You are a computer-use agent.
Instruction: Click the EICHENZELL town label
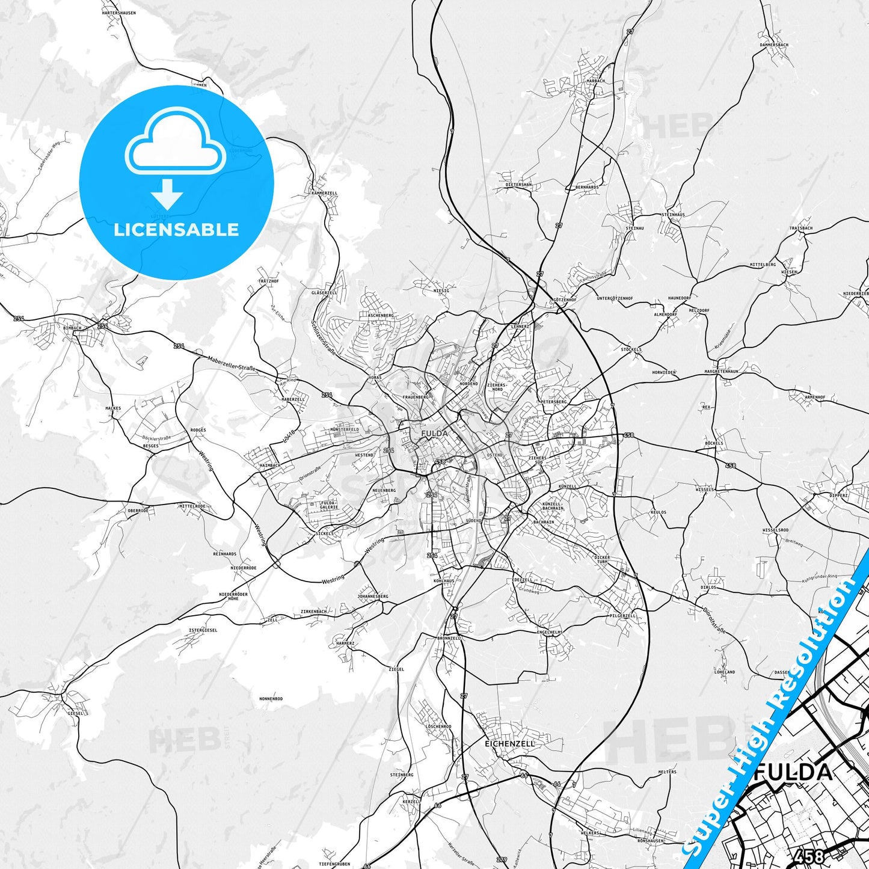[509, 744]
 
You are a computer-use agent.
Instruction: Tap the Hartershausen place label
[118, 13]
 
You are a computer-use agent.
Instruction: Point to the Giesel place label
[76, 713]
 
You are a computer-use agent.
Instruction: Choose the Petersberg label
[554, 401]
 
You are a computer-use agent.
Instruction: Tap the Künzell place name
[567, 486]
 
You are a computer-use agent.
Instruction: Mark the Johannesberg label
[373, 597]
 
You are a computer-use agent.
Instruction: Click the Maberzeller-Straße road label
[232, 363]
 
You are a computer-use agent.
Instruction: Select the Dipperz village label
[838, 496]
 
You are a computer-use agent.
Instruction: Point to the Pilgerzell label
[622, 616]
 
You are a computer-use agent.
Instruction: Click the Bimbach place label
[72, 328]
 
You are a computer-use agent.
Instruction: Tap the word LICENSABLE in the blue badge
[176, 229]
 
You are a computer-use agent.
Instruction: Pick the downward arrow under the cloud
[167, 194]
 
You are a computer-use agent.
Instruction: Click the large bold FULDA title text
[793, 772]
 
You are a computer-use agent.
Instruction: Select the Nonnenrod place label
[271, 699]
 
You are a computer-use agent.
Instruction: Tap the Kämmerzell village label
[325, 193]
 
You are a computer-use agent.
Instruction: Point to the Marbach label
[595, 81]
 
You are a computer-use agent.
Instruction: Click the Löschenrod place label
[438, 726]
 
